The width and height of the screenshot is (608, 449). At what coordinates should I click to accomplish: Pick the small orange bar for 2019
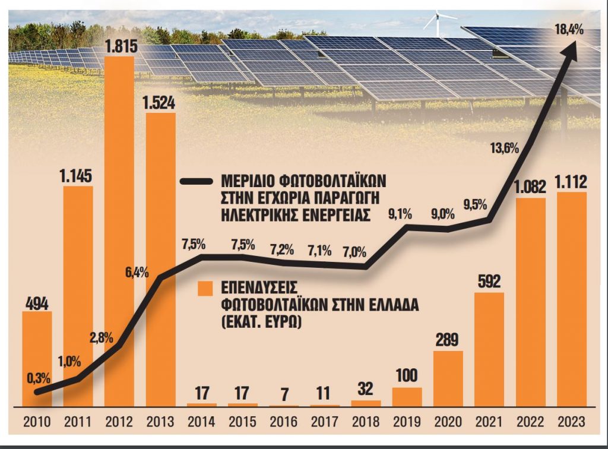[x=407, y=397]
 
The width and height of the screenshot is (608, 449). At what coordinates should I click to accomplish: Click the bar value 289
[x=448, y=340]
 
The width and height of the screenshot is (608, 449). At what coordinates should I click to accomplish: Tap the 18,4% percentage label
[x=569, y=29]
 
